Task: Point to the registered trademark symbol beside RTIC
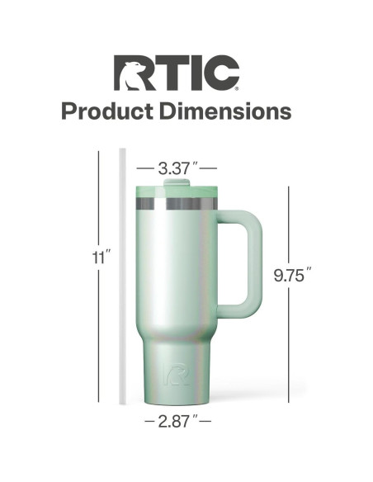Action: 239,87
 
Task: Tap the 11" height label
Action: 100,258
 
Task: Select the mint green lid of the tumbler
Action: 176,191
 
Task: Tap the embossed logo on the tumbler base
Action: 174,373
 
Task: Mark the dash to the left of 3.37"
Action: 149,168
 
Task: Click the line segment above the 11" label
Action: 100,198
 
